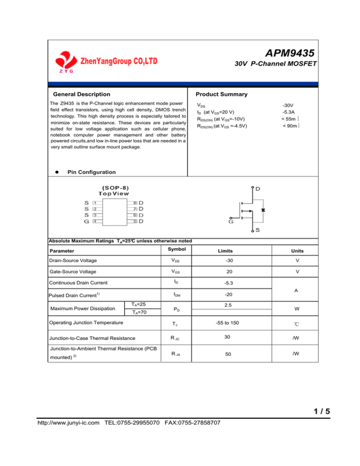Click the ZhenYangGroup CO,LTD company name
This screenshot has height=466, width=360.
point(119,61)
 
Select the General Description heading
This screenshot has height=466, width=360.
point(82,94)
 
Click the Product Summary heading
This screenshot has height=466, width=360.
point(221,94)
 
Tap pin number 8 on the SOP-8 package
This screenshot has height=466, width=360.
point(135,203)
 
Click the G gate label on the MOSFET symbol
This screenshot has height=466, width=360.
point(231,222)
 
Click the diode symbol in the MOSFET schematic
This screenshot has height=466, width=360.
point(263,210)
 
